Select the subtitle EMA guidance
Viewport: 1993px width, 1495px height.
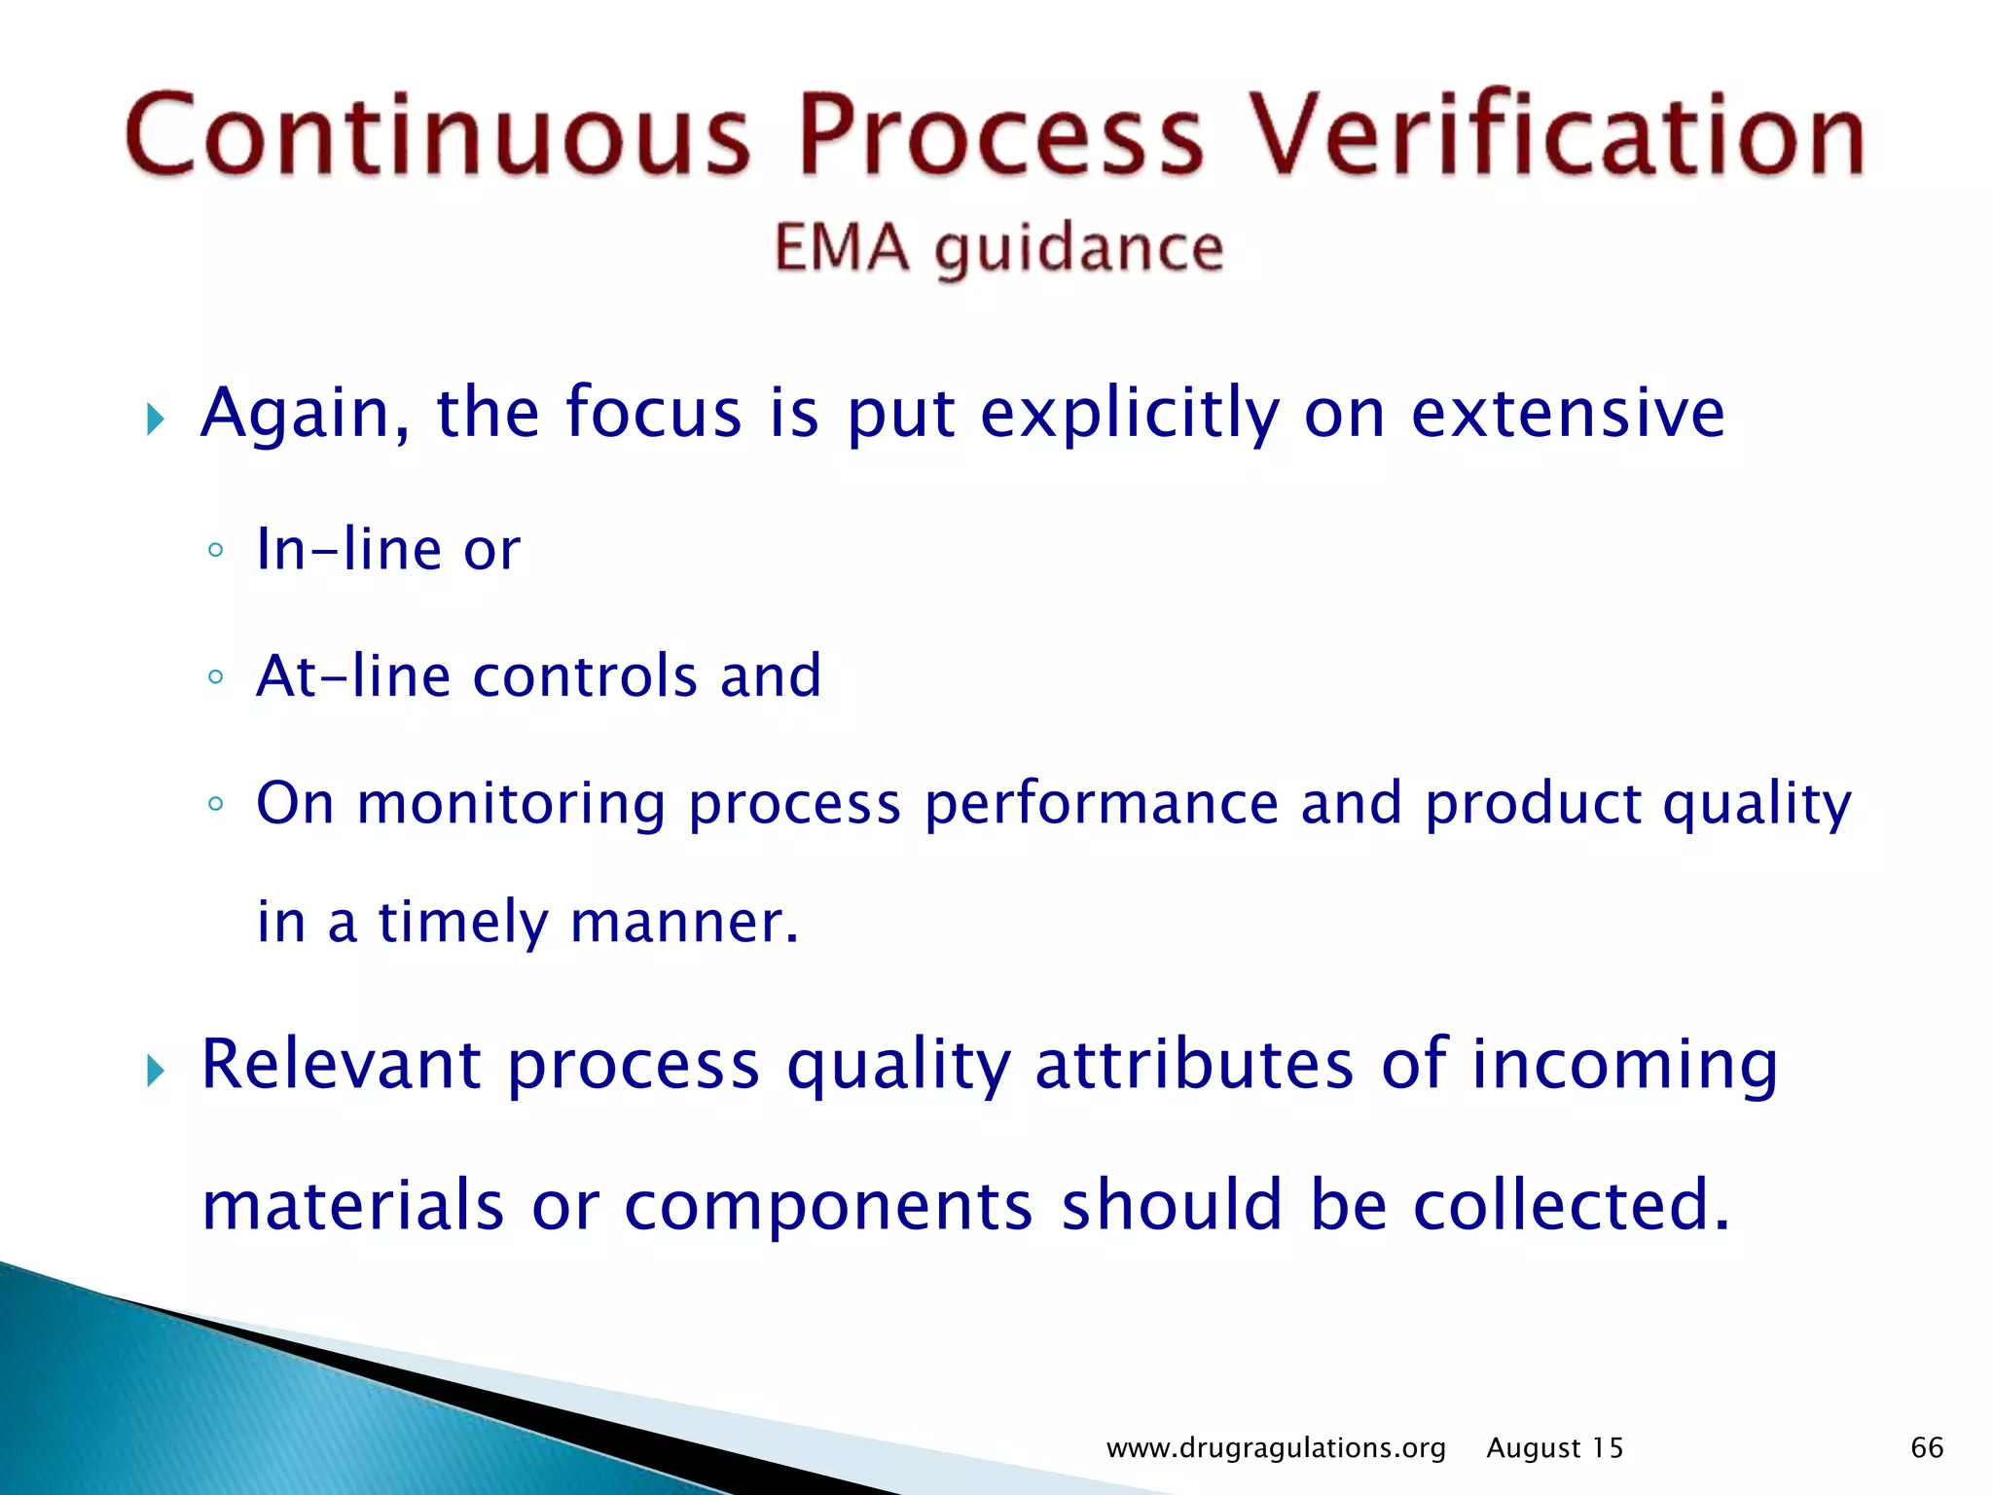pos(998,248)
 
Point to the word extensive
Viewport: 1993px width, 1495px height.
pos(1567,414)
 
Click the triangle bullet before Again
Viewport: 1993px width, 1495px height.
pos(156,420)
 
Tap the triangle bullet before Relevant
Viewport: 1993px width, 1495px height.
pos(156,1072)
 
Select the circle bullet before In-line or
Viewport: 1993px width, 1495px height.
pos(216,551)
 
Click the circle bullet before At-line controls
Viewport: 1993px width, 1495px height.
pos(216,677)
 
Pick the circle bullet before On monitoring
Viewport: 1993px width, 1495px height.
pos(216,804)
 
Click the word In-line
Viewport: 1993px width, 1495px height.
pos(349,549)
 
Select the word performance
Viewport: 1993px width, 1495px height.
pos(1101,804)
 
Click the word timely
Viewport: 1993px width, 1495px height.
pos(463,922)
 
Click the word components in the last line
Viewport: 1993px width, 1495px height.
pos(828,1205)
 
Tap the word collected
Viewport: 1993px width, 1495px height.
pos(1571,1205)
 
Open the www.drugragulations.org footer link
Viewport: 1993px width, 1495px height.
pos(1276,1448)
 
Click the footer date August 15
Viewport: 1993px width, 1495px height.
pos(1554,1448)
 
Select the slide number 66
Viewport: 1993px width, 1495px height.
pos(1927,1447)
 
